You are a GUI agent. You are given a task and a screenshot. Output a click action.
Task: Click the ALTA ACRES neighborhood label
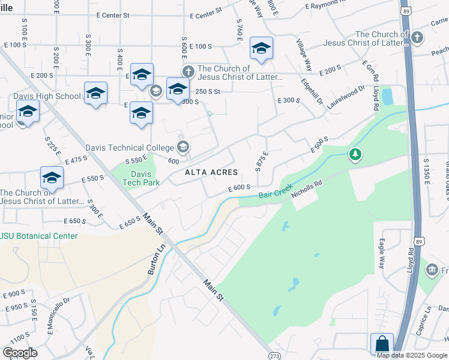tap(211, 172)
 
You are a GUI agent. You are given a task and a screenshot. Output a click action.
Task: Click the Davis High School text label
tap(50, 96)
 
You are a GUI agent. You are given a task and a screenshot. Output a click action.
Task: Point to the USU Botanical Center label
tap(39, 236)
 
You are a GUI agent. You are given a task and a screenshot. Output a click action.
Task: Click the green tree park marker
tap(356, 155)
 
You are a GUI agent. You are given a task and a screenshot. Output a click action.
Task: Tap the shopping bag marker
tap(382, 344)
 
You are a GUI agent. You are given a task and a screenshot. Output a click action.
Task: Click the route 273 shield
tap(274, 355)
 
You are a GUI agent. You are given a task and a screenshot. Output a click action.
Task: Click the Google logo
tap(20, 353)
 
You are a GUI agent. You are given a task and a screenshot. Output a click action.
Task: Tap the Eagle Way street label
tap(381, 253)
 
